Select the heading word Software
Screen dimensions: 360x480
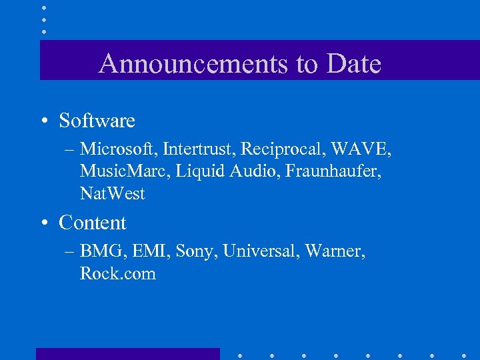coord(97,121)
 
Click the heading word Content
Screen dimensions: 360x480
coord(92,223)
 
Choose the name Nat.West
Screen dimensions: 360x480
coord(112,194)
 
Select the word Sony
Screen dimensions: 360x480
coord(195,252)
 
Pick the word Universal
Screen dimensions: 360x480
coord(261,251)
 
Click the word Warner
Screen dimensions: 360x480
coord(335,251)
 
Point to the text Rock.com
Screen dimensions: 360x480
coord(117,274)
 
